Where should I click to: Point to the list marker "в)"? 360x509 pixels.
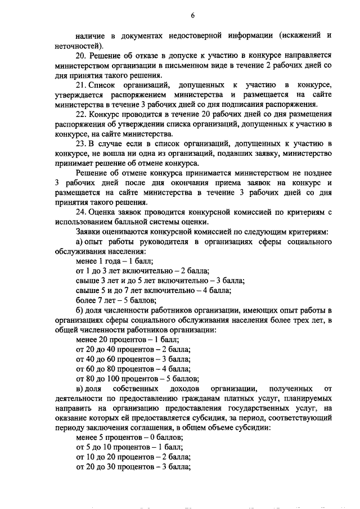pos(79,390)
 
